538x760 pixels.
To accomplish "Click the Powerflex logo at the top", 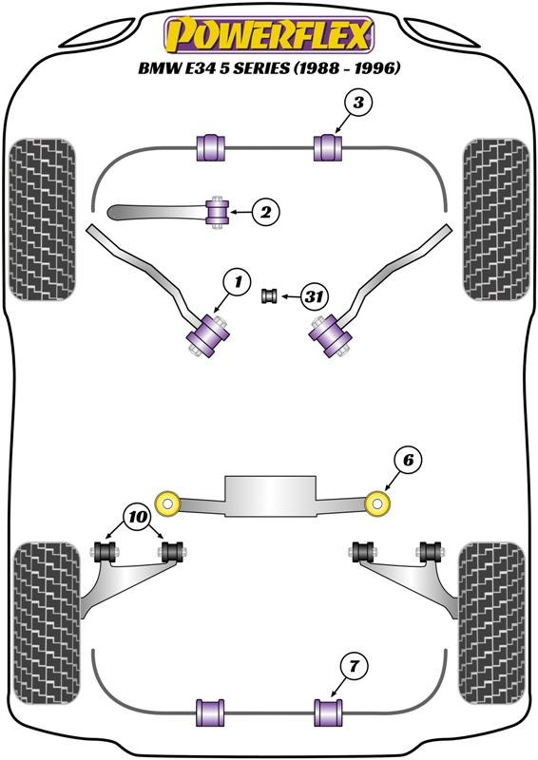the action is pos(269,35).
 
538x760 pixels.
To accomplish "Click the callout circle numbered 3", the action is pos(358,104).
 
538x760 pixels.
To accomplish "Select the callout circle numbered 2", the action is pos(266,212).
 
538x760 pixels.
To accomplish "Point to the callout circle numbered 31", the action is pos(315,295).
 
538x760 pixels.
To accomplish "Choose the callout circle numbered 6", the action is pos(408,460).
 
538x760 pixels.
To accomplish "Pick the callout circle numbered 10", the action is pos(138,517).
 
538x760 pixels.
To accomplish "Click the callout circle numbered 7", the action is pos(354,667).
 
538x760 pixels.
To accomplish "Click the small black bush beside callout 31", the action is pos(269,295).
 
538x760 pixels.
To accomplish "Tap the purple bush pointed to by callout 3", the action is pos(329,148).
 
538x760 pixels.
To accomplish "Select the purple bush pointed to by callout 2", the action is pos(218,212).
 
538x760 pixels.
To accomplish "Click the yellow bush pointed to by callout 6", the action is pos(377,503).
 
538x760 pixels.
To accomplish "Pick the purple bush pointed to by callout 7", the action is pos(329,712).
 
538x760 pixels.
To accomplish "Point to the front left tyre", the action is pos(42,219).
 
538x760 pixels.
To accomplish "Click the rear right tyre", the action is pos(492,624).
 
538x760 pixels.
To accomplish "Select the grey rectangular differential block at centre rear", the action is pos(270,496).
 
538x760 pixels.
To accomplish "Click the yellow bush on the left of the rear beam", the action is pos(168,503).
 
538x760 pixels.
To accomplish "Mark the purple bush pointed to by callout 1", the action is pos(208,335).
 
